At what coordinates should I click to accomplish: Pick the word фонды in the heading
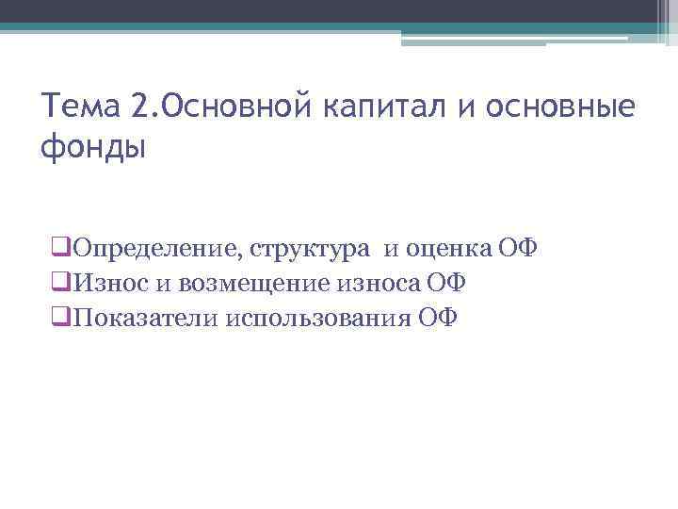click(x=95, y=148)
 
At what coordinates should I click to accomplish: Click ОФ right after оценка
click(x=517, y=249)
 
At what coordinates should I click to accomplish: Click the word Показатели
click(x=145, y=317)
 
